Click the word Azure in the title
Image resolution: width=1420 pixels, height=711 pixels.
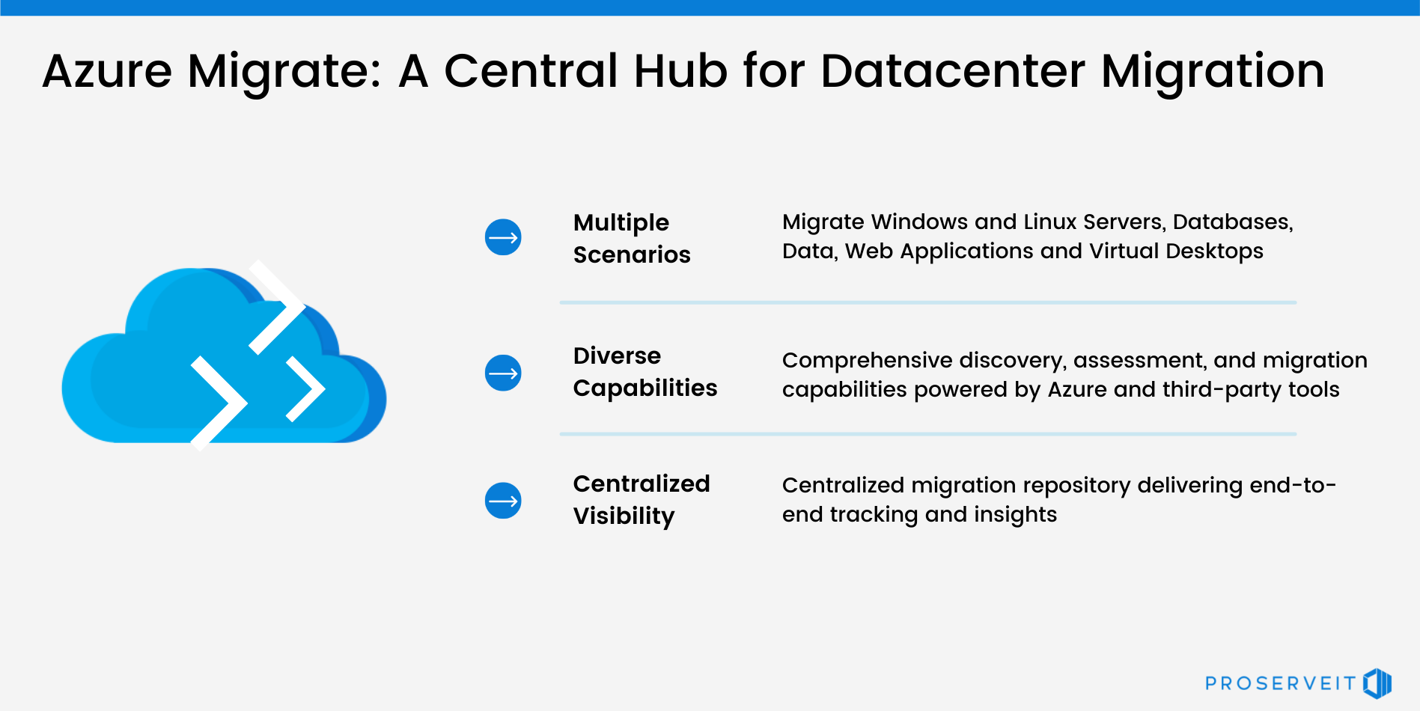pos(107,72)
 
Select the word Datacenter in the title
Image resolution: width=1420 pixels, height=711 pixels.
pos(952,72)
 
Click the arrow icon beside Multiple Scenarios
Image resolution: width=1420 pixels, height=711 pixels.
pos(503,237)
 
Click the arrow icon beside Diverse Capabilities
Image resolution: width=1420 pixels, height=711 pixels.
pos(503,373)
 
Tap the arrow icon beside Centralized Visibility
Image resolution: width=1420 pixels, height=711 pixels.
pos(503,501)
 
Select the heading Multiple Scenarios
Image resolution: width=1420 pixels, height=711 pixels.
pos(631,238)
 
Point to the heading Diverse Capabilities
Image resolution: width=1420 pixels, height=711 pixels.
pos(645,372)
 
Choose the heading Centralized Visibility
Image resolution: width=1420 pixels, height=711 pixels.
pos(641,499)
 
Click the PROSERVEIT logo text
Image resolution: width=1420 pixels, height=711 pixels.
pos(1280,683)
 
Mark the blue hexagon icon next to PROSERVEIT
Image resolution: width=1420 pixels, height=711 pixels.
pos(1377,683)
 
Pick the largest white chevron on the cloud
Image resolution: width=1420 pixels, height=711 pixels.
pos(219,403)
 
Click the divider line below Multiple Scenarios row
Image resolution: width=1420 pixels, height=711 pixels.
pos(927,302)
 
